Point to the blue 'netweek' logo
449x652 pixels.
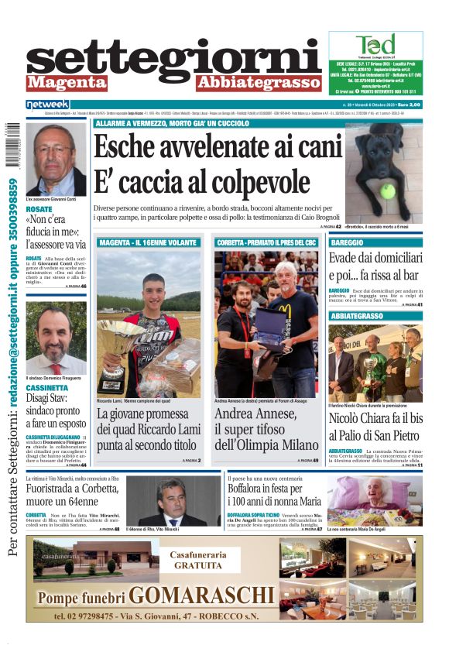pyautogui.click(x=47, y=104)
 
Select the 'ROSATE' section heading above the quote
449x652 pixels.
pyautogui.click(x=39, y=209)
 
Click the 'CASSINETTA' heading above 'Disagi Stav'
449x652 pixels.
pyautogui.click(x=51, y=387)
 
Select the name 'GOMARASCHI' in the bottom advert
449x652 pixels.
pyautogui.click(x=201, y=595)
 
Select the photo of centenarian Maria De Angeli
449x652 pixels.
pyautogui.click(x=375, y=500)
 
